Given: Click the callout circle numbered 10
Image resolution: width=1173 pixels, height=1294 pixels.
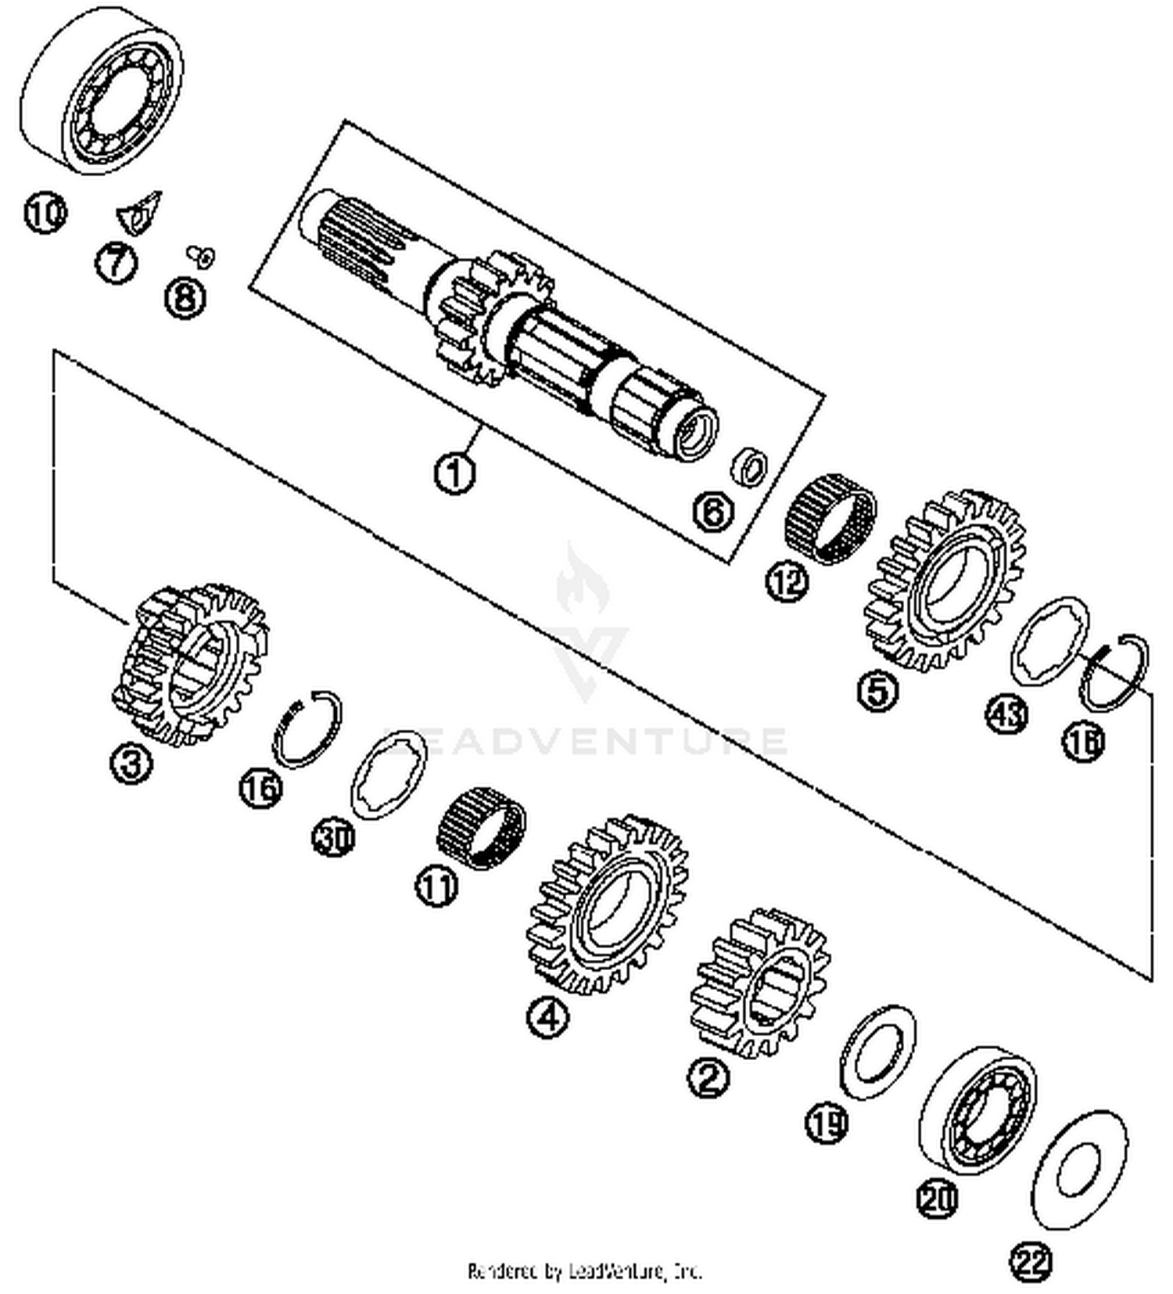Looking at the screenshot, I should pos(45,213).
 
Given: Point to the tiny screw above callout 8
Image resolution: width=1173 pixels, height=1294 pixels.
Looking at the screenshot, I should pos(202,254).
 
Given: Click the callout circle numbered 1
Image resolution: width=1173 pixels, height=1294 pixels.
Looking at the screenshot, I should pos(454,473).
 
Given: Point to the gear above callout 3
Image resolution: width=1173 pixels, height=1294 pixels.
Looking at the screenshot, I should pos(191,663).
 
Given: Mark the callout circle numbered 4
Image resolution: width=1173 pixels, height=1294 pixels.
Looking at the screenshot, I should pos(548,1018).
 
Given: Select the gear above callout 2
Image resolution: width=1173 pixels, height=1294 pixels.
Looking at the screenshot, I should pos(761,983).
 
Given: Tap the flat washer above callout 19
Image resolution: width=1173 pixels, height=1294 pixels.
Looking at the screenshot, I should pos(877,1052).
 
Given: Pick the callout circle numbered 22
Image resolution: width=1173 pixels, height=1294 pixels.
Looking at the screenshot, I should pos(1031,1260).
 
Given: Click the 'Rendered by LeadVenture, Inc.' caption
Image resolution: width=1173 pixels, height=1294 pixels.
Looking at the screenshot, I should pos(584,1271).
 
